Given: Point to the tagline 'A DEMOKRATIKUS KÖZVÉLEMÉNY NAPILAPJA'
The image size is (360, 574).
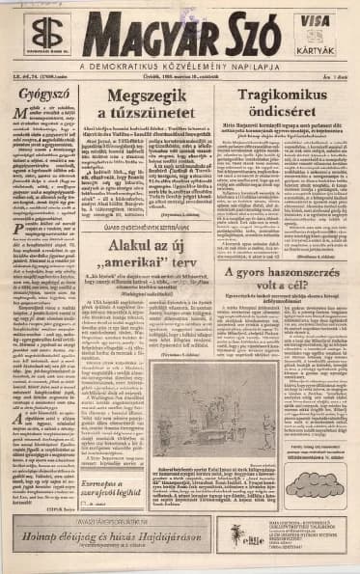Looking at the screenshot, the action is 180,65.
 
